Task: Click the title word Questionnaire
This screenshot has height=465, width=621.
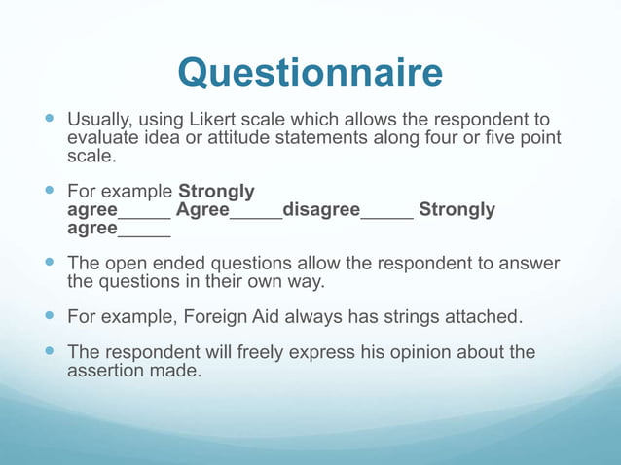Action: [x=310, y=72]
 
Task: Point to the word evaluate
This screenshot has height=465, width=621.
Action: [x=102, y=138]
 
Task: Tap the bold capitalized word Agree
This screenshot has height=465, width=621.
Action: [x=202, y=210]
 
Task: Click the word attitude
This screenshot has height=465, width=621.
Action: [x=216, y=138]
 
